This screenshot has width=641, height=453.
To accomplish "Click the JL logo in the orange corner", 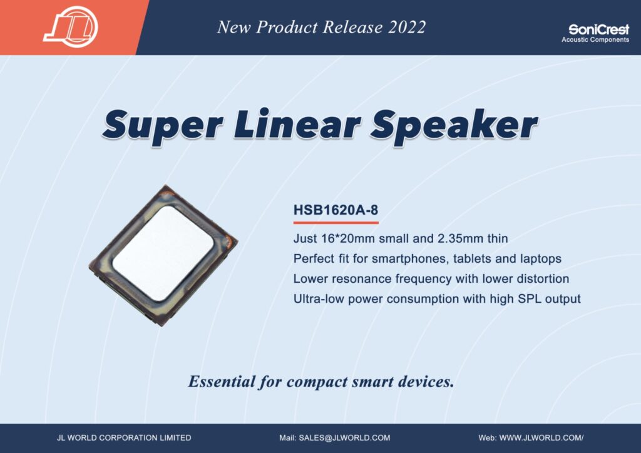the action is tap(71, 27).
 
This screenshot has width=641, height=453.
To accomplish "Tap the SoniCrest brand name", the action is tap(599, 29).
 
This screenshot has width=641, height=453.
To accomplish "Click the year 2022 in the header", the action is tap(407, 28).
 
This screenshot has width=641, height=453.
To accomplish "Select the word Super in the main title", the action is tap(163, 125).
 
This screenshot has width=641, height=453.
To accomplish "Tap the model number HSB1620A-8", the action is tap(336, 210).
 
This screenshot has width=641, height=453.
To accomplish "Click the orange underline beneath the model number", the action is tap(336, 223).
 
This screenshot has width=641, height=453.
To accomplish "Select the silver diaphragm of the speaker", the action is tap(163, 253).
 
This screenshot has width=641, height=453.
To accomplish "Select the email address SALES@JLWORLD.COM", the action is tap(345, 438).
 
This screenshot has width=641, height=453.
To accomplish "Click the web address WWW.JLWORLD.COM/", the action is tap(541, 438).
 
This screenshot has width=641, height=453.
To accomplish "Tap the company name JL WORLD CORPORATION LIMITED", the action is tap(124, 438).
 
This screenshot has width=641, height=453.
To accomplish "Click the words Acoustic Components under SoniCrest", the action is tap(595, 39).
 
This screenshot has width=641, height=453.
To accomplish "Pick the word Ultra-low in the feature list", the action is tap(319, 298).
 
